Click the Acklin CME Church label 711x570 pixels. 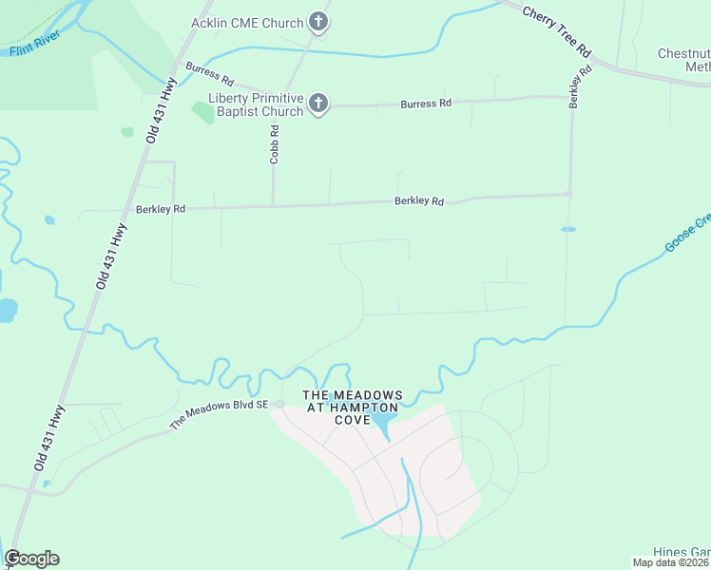[x=246, y=23]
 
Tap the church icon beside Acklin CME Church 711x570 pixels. [x=318, y=24]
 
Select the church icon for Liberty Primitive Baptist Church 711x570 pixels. [x=318, y=104]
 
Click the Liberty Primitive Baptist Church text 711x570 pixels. [x=256, y=104]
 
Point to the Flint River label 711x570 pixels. [x=34, y=43]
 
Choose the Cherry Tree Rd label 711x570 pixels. [x=558, y=33]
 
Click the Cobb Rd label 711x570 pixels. [x=274, y=145]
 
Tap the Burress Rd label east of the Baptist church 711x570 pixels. [x=425, y=103]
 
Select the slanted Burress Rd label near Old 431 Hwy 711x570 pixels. [x=209, y=73]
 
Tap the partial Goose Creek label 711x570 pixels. [x=687, y=234]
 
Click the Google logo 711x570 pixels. [x=31, y=559]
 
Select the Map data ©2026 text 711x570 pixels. [x=671, y=562]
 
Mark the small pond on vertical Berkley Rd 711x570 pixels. [x=568, y=229]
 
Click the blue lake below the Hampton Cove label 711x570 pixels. [x=383, y=420]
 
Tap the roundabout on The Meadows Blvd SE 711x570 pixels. [x=280, y=405]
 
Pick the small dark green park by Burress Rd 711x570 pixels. [x=202, y=112]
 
